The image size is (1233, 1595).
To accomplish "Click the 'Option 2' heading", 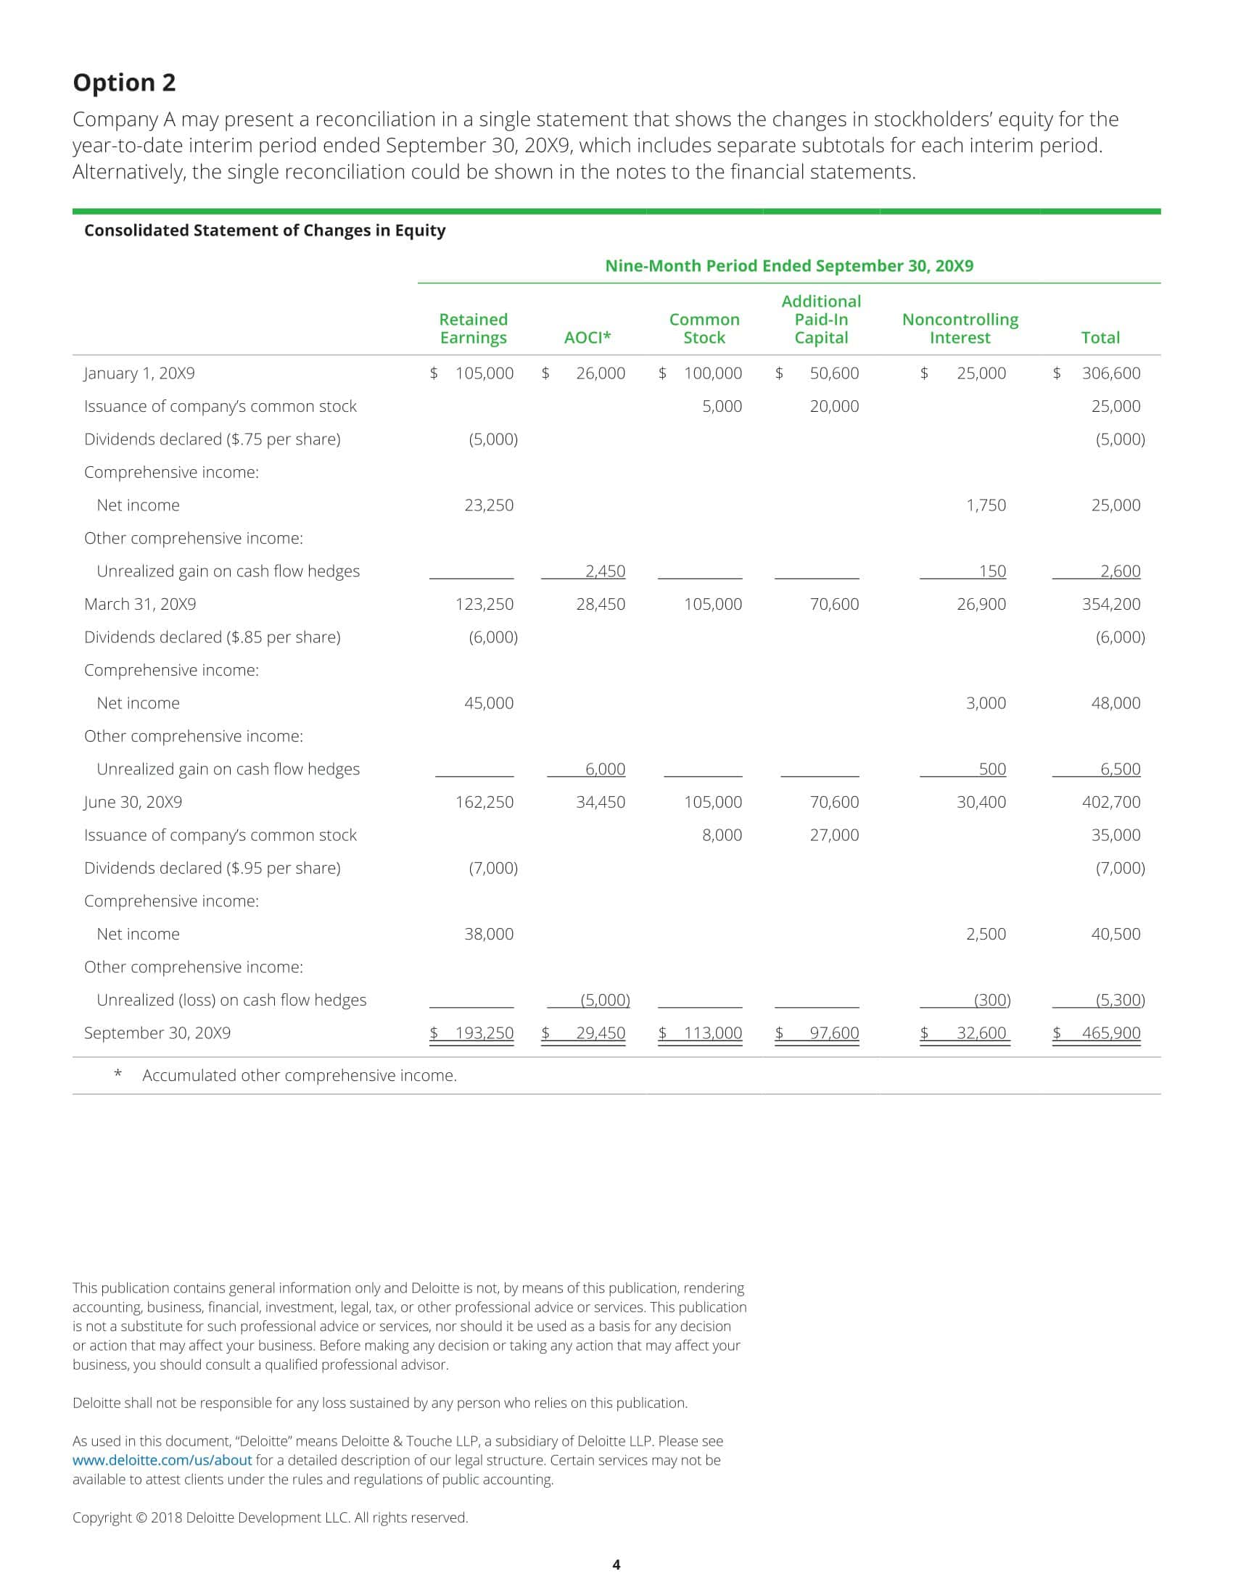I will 124,83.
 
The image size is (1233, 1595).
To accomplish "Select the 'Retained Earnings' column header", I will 473,328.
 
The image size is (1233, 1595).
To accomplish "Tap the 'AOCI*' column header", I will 587,337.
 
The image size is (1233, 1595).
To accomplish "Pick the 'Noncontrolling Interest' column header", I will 960,328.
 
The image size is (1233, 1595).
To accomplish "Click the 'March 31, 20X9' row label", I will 139,604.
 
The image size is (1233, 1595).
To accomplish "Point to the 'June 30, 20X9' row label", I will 133,802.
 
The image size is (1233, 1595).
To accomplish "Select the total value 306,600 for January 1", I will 1110,373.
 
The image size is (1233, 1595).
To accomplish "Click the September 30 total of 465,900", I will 1110,1032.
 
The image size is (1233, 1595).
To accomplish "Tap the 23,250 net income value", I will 489,505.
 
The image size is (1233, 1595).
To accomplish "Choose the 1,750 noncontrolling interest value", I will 986,505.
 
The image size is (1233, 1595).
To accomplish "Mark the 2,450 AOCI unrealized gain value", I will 605,571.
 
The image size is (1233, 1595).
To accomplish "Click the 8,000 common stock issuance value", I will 722,834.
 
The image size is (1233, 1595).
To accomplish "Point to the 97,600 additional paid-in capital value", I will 834,1032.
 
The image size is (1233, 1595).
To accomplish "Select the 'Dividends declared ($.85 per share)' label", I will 212,637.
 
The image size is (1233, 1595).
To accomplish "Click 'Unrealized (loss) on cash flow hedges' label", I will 231,1000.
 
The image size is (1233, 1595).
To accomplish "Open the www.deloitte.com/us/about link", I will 162,1460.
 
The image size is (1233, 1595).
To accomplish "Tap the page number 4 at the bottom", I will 616,1565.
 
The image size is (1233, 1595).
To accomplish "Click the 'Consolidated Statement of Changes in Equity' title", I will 265,230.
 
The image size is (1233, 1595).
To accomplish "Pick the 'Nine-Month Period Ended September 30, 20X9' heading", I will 789,266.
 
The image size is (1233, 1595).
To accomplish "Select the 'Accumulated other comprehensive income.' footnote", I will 300,1075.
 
